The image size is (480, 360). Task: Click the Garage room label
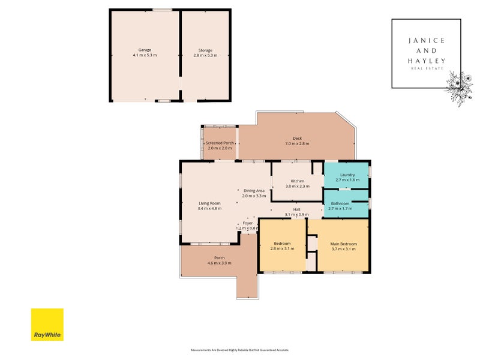(145, 50)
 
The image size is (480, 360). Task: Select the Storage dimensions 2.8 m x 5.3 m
(205, 55)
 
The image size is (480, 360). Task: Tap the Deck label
(297, 138)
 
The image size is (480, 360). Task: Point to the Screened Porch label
(220, 143)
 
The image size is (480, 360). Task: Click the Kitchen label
(298, 181)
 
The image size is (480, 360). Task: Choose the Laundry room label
(347, 175)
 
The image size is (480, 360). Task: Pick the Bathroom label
(340, 203)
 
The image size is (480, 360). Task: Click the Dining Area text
(254, 191)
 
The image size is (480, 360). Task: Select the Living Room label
(210, 203)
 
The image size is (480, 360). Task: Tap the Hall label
(296, 209)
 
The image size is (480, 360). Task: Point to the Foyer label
(248, 223)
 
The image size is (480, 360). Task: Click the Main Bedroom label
(344, 244)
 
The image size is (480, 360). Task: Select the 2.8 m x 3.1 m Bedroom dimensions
(282, 249)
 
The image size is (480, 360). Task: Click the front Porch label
(220, 258)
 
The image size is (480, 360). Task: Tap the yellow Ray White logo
(47, 325)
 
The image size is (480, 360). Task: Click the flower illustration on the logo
(455, 89)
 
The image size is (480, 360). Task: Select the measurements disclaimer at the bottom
(239, 350)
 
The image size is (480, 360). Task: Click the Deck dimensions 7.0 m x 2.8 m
(297, 143)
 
